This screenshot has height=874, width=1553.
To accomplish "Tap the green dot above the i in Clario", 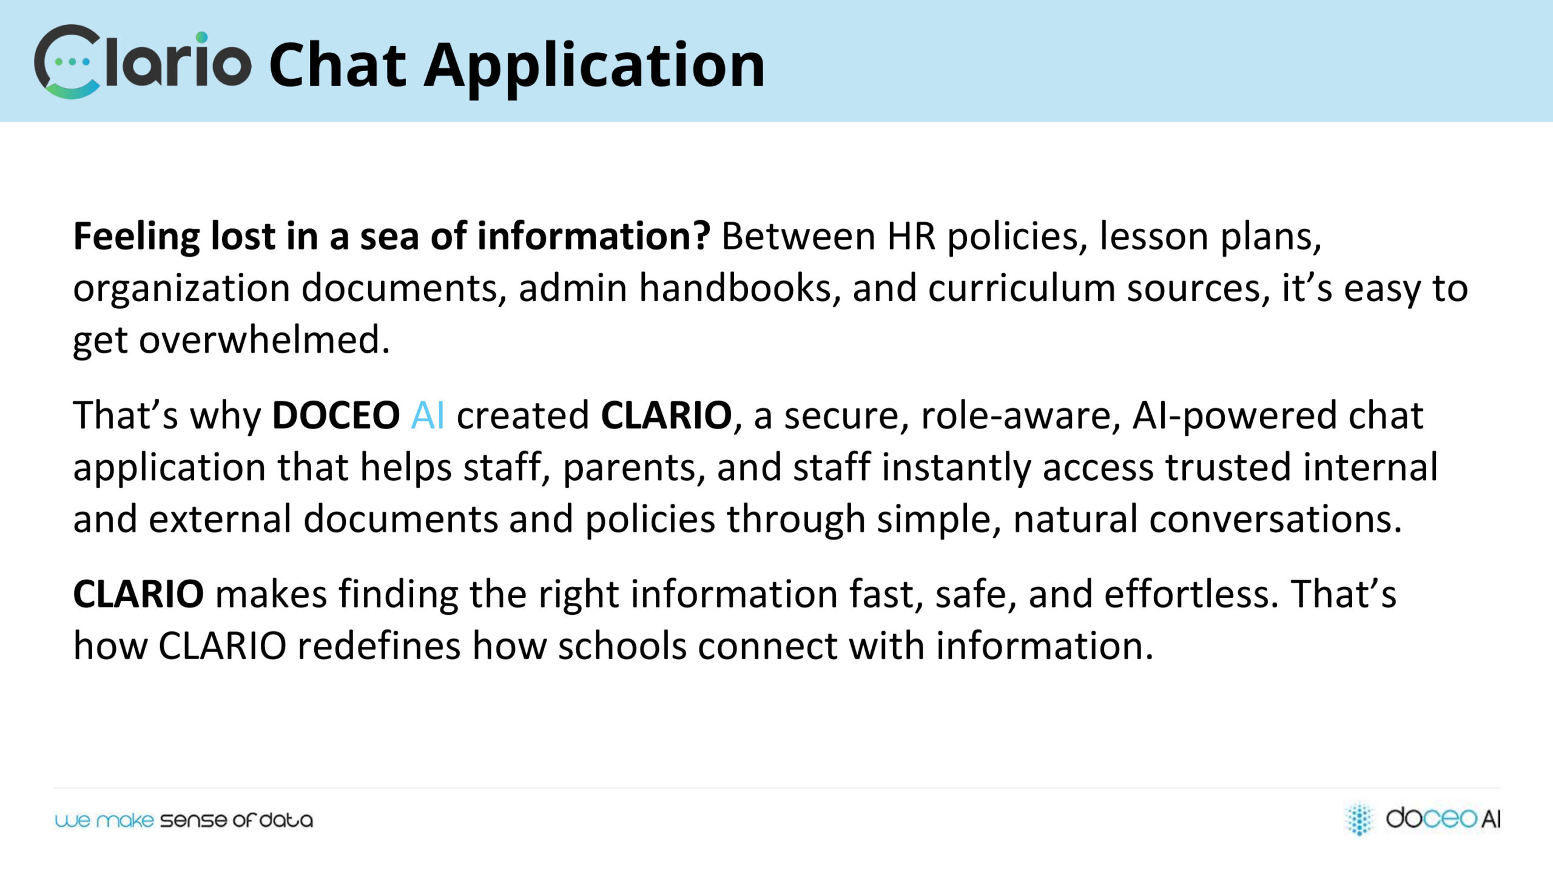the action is coord(202,38).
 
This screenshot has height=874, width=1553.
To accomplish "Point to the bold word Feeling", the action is coord(136,237).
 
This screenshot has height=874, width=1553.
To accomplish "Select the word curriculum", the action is coord(1022,288).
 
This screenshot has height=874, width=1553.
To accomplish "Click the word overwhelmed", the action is coord(264,339).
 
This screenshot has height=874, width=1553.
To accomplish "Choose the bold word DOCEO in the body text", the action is coord(336,416).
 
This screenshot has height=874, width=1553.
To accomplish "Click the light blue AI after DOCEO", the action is coord(428,416).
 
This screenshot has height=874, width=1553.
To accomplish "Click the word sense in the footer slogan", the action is coord(194,821).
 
